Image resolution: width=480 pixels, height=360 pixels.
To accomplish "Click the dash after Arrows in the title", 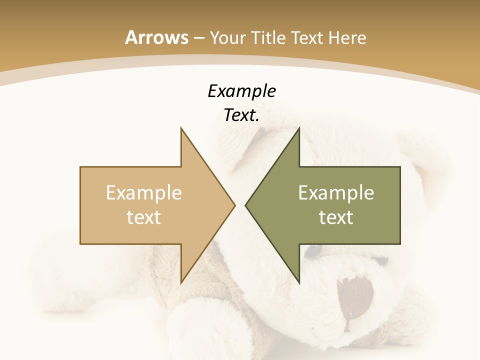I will click(198, 38).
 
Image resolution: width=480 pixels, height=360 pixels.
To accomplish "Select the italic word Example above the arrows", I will click(241, 91).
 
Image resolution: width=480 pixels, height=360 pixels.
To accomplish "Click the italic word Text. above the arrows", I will click(241, 115).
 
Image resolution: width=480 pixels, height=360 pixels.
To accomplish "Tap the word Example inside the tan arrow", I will click(144, 192).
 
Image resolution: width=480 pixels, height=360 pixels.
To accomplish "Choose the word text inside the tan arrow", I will click(144, 217).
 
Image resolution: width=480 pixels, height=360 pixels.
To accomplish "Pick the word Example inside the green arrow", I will click(336, 192).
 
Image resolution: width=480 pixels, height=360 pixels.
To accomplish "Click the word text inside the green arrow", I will click(336, 217).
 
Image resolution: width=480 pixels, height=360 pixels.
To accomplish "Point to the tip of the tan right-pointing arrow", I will click(234, 205).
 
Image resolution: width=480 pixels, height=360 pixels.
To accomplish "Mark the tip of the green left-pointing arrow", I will click(246, 205).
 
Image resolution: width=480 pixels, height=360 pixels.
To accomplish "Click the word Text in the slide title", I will click(306, 37).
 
